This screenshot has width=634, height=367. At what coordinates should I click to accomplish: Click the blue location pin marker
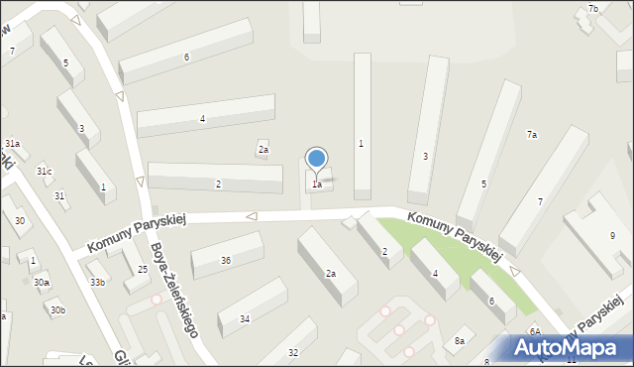317,159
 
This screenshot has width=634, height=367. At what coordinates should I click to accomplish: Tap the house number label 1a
317,184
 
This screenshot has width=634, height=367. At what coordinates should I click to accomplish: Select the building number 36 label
226,261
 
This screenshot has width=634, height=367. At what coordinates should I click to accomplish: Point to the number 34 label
245,318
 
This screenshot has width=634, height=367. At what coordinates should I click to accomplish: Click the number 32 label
293,353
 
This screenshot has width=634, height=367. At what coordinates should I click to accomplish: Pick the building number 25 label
143,270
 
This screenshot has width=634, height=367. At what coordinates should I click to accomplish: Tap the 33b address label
97,283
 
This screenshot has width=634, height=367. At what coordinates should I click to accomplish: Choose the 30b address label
58,310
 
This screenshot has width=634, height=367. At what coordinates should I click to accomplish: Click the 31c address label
45,172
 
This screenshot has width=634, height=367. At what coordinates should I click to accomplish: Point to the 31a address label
12,144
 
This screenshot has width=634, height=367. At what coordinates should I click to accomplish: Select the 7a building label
532,135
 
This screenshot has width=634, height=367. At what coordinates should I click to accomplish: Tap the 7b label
593,9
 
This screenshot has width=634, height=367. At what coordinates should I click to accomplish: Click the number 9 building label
612,235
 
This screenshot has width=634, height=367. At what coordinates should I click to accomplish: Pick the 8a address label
460,341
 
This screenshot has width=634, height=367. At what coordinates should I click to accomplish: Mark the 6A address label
534,331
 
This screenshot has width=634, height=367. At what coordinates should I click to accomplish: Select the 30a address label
42,283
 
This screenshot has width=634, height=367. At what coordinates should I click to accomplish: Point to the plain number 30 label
20,220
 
